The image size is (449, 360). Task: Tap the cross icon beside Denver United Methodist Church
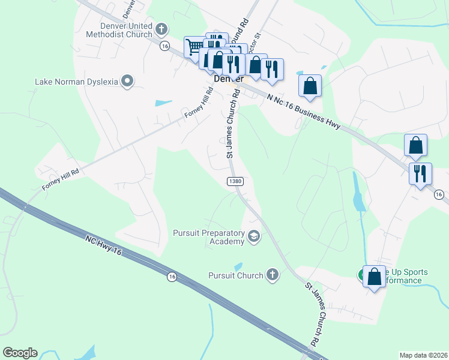pos(161,28)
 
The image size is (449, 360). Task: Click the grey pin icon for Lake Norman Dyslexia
pos(127,81)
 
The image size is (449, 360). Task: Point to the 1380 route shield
pos(235,181)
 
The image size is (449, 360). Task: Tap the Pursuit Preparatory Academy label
pos(209,237)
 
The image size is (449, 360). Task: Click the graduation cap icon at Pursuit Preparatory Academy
pos(254,237)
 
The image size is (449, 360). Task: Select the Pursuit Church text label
pos(236,275)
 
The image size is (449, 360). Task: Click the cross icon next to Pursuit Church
pos(273,275)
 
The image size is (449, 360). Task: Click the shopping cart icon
pos(194,46)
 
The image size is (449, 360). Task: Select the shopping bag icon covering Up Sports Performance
pos(375,277)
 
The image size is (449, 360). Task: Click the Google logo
pos(20,353)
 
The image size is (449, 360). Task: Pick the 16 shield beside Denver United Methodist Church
pos(164,46)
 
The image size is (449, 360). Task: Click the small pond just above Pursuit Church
pos(238,266)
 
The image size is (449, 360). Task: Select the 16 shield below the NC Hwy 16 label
pos(172,276)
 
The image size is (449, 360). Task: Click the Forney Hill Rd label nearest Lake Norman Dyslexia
pos(199,104)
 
